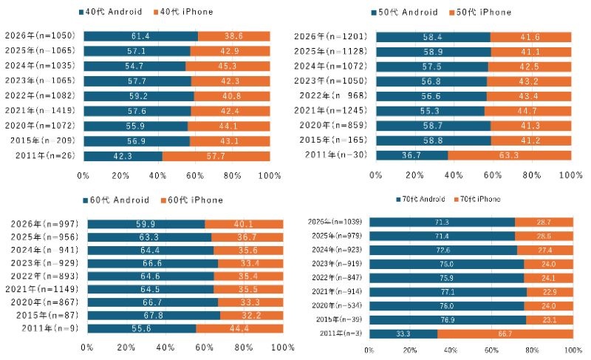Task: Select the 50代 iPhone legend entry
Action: coord(479,13)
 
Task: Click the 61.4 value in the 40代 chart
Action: coord(141,36)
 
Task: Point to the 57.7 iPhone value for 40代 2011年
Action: coord(216,156)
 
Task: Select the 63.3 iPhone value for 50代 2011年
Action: coord(510,155)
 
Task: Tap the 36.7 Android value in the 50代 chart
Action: coord(412,155)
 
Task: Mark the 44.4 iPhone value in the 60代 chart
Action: coord(240,327)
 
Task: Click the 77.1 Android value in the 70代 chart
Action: coord(448,292)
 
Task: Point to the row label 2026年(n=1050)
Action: coord(41,36)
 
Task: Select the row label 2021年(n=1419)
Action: coord(41,111)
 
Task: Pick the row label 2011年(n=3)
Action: coord(341,333)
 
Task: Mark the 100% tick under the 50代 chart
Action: coord(570,175)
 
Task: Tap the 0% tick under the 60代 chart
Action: coord(86,347)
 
